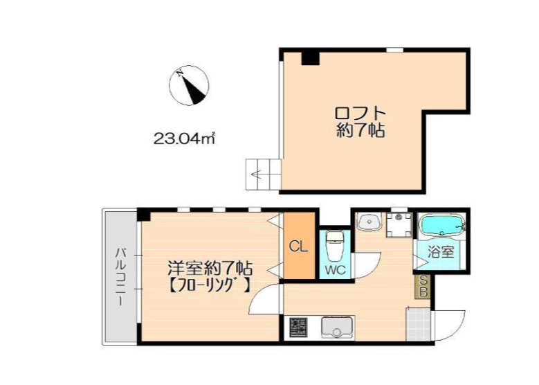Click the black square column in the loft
point(310,57)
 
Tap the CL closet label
point(298,246)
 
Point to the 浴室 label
point(442,253)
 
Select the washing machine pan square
point(397,224)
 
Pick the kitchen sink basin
point(337,326)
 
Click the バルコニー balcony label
point(120,275)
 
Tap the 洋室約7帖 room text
point(210,267)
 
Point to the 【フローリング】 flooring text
point(208,284)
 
